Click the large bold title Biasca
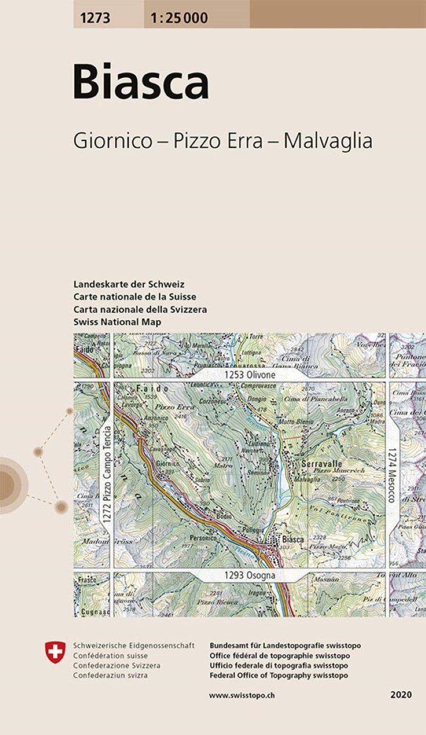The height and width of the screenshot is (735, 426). coord(141,82)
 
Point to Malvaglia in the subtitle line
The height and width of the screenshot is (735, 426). coord(327,141)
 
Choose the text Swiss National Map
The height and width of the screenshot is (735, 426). coord(118,322)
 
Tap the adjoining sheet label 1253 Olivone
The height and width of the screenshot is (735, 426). coord(250,375)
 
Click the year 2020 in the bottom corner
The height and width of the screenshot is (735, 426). coord(400,695)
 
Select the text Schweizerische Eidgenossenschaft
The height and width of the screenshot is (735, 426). coord(134,646)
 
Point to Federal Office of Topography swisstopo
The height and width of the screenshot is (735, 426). coord(279,675)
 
